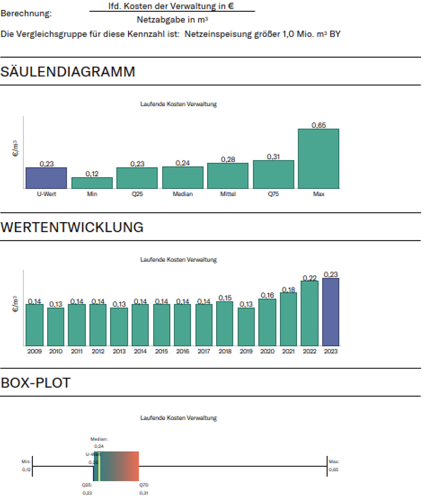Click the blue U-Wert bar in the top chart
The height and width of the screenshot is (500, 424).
46,178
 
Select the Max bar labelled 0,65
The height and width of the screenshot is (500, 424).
318,159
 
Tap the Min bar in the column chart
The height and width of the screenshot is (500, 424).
92,183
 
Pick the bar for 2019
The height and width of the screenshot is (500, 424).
246,327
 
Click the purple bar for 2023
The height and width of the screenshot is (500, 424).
331,312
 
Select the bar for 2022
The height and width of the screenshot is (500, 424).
310,313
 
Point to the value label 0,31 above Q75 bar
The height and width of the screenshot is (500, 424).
273,156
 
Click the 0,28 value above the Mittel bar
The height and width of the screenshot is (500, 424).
228,159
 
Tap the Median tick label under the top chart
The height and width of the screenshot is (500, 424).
183,194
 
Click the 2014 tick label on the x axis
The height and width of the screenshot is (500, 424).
140,351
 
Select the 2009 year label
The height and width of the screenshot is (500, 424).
34,351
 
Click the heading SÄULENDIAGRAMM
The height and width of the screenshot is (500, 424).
68,72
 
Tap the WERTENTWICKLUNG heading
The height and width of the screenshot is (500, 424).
72,227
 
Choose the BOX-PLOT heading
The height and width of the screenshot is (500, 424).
36,383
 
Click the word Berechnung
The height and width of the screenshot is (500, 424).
26,13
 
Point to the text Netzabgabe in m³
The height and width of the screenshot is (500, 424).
172,20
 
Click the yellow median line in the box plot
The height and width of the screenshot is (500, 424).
99,466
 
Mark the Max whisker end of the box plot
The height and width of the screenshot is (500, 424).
327,466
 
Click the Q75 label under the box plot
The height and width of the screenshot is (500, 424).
144,484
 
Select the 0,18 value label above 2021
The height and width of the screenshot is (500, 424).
288,290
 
